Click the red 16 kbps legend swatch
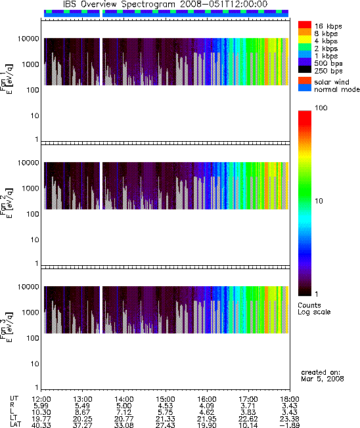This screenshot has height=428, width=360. coord(305,25)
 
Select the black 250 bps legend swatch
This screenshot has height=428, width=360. coord(305,70)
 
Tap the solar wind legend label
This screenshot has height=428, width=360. coord(332,82)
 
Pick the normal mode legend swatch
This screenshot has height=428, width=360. coord(305,87)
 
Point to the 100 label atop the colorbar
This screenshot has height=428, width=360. coord(321,108)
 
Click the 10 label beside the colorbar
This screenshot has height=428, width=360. coord(319,201)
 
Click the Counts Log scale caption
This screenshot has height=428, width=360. coord(314,309)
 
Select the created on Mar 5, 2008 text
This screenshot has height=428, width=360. coord(323,375)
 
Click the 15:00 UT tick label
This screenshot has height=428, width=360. coord(166,399)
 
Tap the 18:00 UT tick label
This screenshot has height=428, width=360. coord(290,399)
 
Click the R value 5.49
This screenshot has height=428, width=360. coord(82,406)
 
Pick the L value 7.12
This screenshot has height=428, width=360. coord(124,412)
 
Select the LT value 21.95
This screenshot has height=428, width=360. coord(206,419)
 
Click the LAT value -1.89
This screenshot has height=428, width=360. coord(290,425)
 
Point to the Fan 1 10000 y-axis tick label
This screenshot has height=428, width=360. coord(28,39)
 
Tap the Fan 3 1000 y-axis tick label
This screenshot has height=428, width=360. coord(30,312)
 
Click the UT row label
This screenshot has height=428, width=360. coord(14,398)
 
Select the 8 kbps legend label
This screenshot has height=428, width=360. coord(326,33)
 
